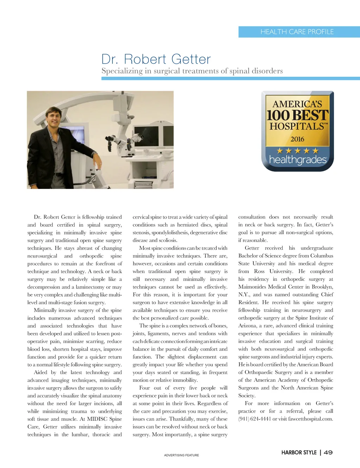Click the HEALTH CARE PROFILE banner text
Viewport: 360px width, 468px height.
(x=297, y=32)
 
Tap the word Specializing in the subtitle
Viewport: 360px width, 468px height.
(x=122, y=71)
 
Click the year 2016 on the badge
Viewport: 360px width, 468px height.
(x=297, y=139)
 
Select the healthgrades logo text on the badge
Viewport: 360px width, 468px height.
(x=298, y=160)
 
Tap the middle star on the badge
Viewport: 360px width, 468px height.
(x=298, y=151)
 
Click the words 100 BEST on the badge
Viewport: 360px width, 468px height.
(x=297, y=115)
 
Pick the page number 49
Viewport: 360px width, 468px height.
(x=328, y=452)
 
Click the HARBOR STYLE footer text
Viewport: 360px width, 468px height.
(x=299, y=452)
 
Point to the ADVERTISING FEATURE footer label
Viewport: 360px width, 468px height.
(x=181, y=455)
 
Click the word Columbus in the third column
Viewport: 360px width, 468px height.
(x=321, y=256)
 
